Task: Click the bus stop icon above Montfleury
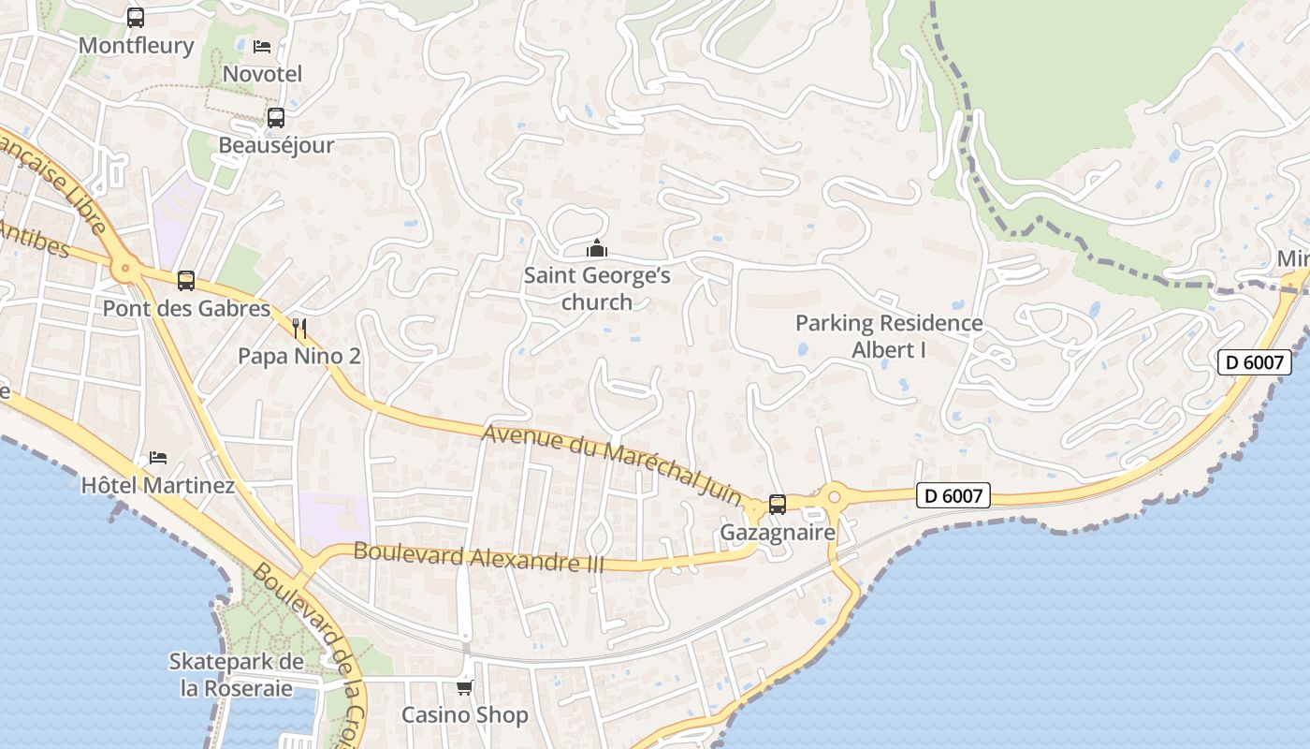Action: point(136,18)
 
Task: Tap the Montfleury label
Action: point(137,45)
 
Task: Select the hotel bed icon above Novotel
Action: point(262,46)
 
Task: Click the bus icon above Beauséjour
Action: point(275,118)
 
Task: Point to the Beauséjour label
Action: point(276,145)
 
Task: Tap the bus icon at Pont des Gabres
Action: point(186,280)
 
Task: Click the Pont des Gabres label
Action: point(186,308)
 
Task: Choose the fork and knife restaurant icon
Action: point(299,328)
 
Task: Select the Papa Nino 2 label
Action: point(299,356)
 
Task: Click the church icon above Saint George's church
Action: point(597,248)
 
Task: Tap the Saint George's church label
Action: point(597,288)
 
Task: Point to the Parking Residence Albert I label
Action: point(889,336)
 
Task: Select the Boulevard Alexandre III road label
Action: point(478,557)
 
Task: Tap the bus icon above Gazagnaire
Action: point(777,505)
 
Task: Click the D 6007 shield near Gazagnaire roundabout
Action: point(953,495)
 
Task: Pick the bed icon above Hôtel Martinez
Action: point(158,458)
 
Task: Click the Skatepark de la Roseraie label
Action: point(236,674)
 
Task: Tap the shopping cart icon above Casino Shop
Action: point(464,688)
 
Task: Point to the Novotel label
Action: point(262,73)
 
